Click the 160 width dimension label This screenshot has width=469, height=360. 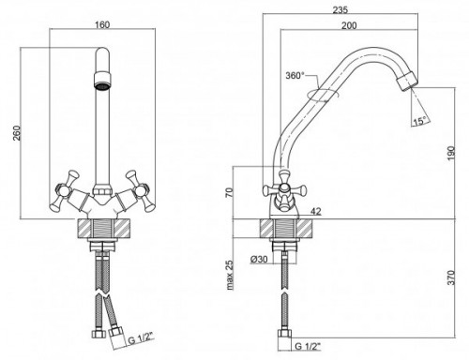pyautogui.click(x=102, y=24)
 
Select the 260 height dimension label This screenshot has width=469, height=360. pyautogui.click(x=17, y=133)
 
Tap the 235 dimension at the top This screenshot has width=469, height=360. pyautogui.click(x=340, y=10)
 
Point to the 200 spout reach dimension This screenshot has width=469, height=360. pyautogui.click(x=349, y=25)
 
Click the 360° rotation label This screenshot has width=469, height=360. pyautogui.click(x=295, y=76)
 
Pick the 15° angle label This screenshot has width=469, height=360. pyautogui.click(x=419, y=121)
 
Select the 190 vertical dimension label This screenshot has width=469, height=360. pyautogui.click(x=451, y=153)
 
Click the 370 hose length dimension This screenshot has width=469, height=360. pyautogui.click(x=451, y=277)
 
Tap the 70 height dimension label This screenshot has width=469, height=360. pyautogui.click(x=229, y=193)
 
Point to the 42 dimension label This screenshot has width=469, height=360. pyautogui.click(x=316, y=212)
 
